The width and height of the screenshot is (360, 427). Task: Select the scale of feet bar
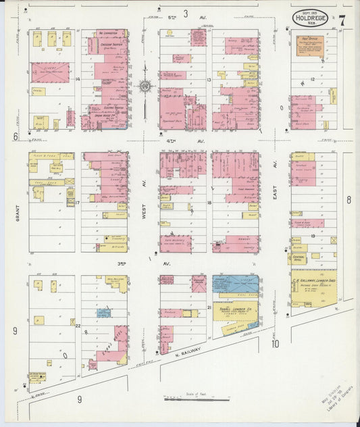196,400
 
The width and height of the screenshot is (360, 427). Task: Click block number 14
78,80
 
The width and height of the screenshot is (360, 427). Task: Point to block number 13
209,80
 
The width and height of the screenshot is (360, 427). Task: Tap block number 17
78,202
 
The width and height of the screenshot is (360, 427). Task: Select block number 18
209,202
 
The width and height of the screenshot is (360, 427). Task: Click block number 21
209,307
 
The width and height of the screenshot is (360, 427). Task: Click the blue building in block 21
236,283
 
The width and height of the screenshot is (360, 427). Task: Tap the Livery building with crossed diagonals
49,72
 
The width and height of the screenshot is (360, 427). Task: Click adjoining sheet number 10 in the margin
276,343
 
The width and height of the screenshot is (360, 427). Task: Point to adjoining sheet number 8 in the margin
349,199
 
